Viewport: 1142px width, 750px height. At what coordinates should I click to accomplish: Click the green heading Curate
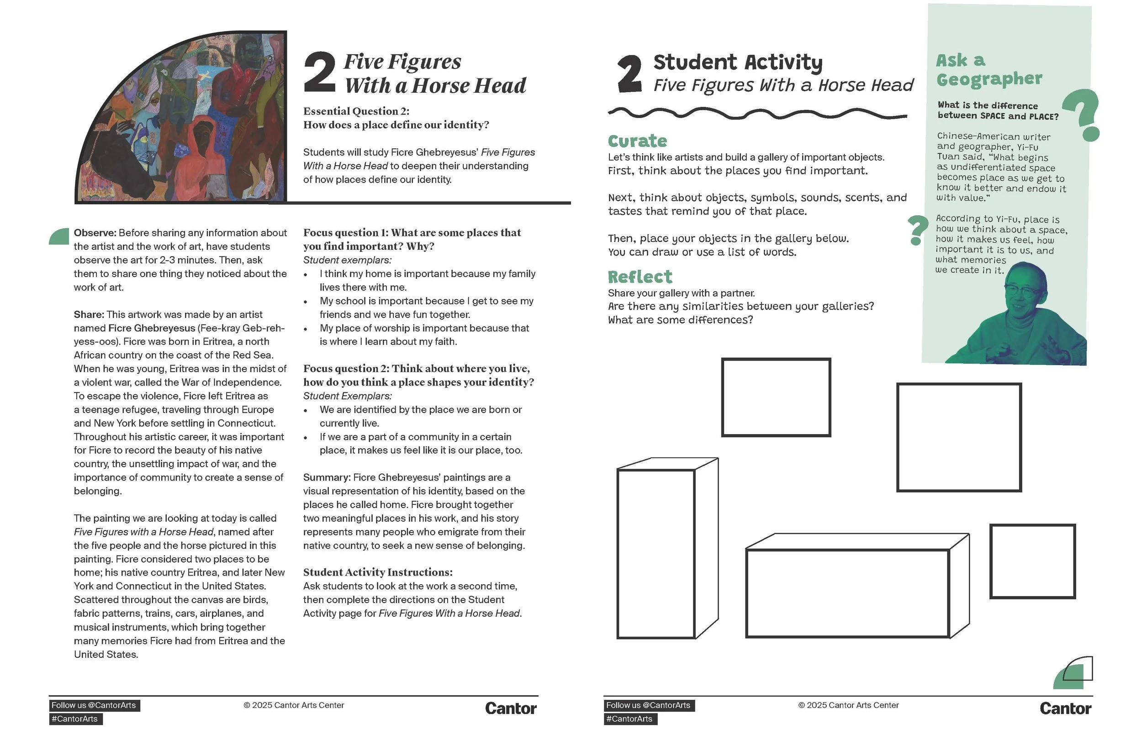(x=637, y=141)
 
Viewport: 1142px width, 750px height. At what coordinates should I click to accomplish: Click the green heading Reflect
(x=640, y=277)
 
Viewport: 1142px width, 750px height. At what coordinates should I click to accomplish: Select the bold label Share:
(x=89, y=315)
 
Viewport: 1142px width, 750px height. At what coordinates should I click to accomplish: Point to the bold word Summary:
(x=327, y=477)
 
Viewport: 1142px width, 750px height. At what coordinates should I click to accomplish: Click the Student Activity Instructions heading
(x=378, y=572)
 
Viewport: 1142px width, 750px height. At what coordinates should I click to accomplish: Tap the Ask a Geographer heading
(x=989, y=69)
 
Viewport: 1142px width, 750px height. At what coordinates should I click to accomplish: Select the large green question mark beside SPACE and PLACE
(x=1082, y=115)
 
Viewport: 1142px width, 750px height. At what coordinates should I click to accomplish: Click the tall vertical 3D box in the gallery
(x=667, y=548)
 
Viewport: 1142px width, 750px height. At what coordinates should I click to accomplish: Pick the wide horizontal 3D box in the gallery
(x=857, y=586)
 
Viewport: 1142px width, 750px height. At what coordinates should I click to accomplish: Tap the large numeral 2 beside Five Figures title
(x=320, y=73)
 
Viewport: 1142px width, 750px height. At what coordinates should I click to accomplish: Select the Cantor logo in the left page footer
(x=511, y=709)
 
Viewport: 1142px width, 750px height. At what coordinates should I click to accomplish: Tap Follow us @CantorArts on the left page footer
(x=94, y=705)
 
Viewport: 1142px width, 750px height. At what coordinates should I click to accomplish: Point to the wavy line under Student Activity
(x=758, y=114)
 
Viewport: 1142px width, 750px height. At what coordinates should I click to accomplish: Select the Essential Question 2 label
(x=356, y=111)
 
